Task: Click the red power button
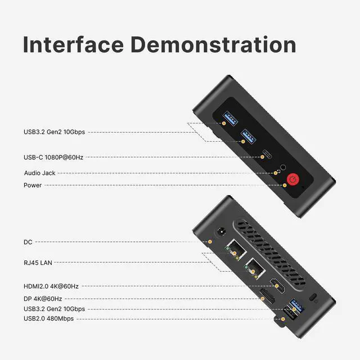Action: point(292,179)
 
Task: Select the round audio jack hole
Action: point(284,166)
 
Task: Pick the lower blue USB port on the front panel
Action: point(248,135)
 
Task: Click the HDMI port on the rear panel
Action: point(276,286)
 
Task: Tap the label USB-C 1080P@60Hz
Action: point(53,157)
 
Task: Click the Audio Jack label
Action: point(39,173)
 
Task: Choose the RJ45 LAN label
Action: point(38,262)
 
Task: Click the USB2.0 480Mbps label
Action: point(48,318)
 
